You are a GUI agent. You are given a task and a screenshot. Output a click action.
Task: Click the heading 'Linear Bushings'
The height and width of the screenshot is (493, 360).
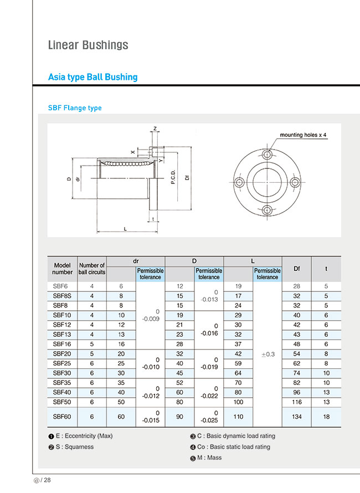coord(88,45)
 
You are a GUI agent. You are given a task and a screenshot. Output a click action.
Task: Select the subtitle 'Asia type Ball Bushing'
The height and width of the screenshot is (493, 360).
coord(92,77)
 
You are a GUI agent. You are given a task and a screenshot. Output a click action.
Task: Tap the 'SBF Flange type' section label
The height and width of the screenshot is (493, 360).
coord(75,108)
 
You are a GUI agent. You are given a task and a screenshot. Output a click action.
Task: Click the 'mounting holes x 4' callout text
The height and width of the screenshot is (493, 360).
coord(303,135)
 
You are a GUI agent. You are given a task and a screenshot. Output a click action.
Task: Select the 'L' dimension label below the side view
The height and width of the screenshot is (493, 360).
coord(125,228)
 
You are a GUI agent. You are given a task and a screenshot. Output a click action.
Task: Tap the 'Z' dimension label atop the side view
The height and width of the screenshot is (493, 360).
coord(155,129)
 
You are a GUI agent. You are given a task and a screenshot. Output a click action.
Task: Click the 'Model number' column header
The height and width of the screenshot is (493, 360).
coord(63,269)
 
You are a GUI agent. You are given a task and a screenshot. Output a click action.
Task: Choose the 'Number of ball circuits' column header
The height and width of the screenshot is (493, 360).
coord(91,269)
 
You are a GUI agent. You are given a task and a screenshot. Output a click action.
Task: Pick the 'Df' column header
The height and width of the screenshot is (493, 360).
coord(296,269)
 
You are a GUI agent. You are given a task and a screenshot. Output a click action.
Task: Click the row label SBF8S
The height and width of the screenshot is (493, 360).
coord(62,296)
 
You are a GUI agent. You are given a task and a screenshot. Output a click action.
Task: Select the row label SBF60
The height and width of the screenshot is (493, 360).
coord(62,417)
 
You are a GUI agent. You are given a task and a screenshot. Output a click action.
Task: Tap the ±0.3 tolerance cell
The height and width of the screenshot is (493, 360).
coord(268,354)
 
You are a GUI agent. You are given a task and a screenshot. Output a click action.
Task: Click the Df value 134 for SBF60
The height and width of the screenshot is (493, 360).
coord(296,417)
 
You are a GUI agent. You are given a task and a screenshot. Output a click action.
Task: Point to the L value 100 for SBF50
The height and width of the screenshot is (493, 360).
coord(238,401)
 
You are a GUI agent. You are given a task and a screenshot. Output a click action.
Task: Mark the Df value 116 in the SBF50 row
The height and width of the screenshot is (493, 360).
coord(296,401)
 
